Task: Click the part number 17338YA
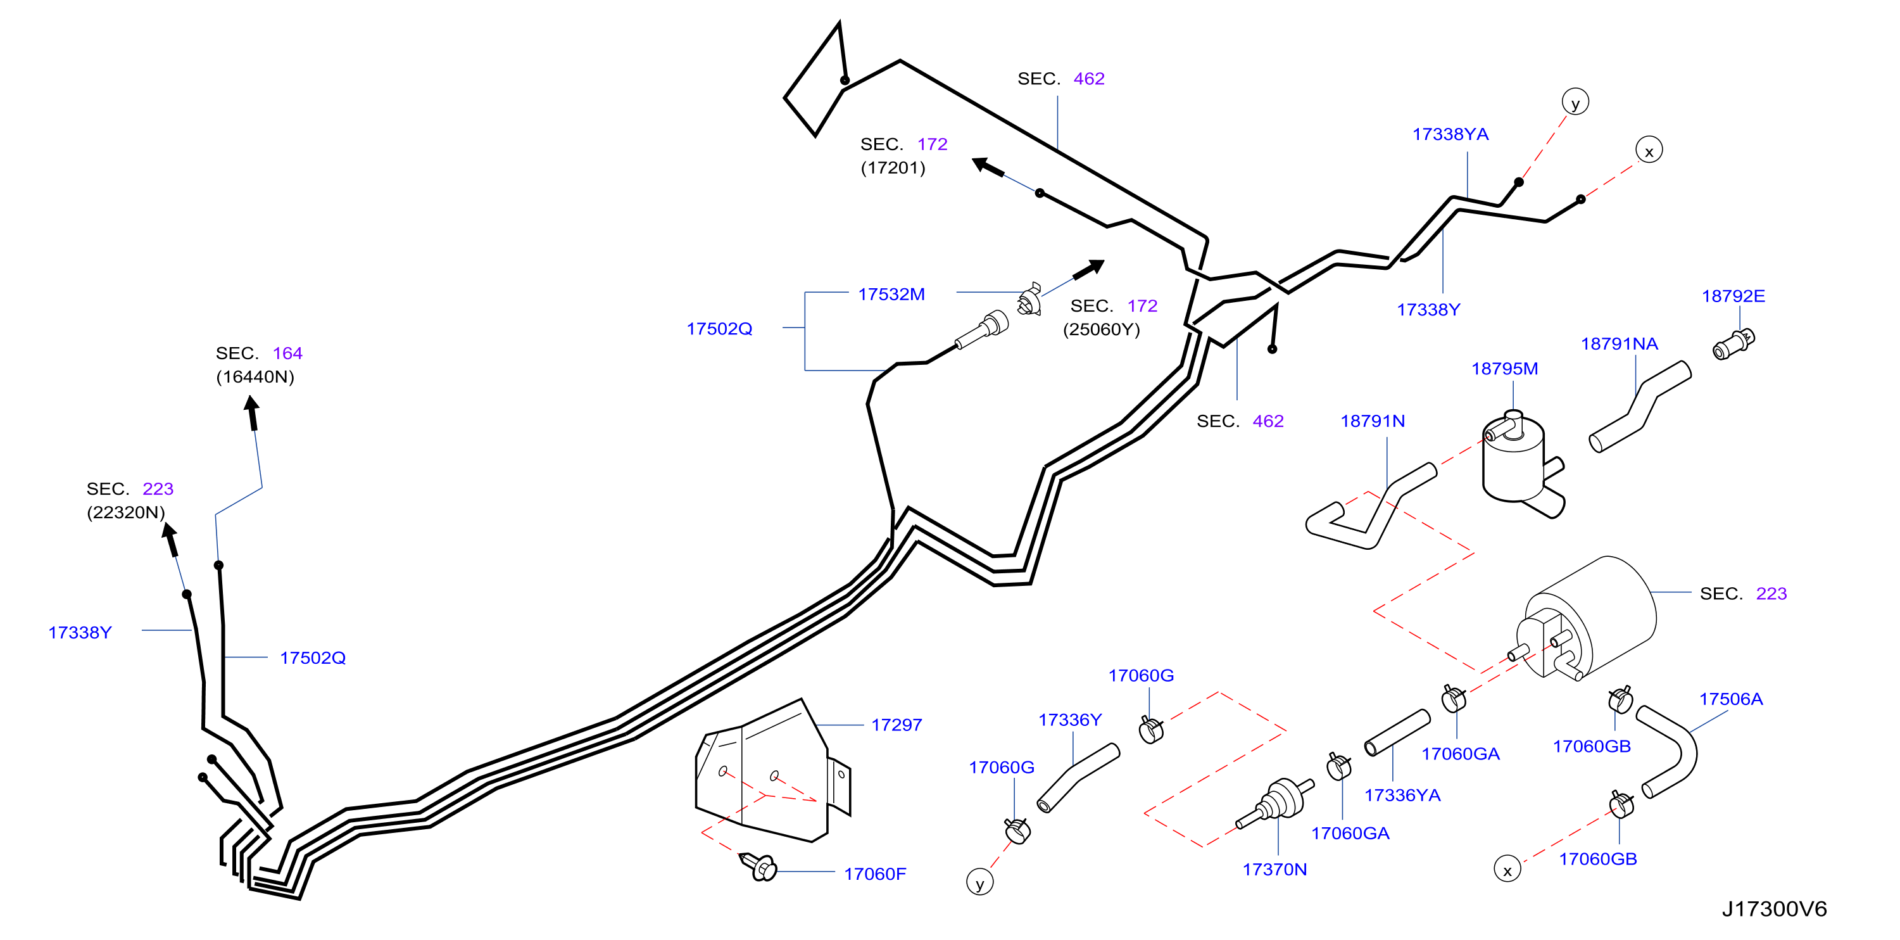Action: (x=1450, y=134)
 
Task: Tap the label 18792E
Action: (x=1733, y=296)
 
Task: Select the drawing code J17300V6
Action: (x=1774, y=909)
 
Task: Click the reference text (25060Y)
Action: (x=1101, y=329)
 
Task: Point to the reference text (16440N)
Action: (x=255, y=377)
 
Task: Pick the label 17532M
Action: (x=891, y=295)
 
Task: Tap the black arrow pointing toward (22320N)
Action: (x=170, y=539)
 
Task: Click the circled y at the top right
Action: (x=1575, y=102)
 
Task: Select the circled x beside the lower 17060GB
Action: (x=1507, y=869)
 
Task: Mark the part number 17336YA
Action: (x=1402, y=796)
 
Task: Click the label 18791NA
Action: (x=1619, y=344)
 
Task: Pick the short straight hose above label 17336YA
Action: (x=1397, y=733)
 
